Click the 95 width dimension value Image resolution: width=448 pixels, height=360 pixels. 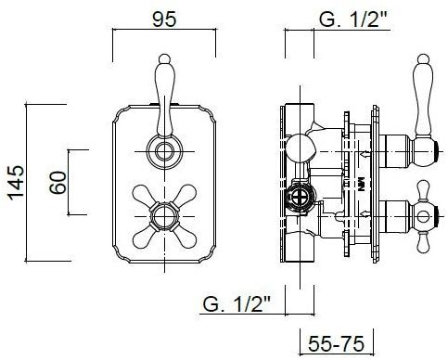point(164,19)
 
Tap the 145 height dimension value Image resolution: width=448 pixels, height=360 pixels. point(16,183)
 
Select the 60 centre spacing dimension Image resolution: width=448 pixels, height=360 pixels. point(58,183)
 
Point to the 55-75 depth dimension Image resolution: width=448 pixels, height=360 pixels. point(336,343)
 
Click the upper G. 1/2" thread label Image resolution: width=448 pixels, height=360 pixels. point(353,19)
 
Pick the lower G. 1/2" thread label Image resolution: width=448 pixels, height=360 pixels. point(237,304)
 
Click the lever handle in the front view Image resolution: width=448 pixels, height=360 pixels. point(164,95)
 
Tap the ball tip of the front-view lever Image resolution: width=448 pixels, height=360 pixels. point(164,58)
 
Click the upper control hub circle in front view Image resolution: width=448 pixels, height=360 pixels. point(164,152)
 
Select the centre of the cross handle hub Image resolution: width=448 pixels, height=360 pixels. point(164,216)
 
